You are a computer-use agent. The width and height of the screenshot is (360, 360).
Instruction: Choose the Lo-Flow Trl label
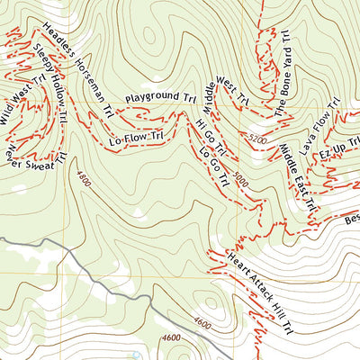136,138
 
